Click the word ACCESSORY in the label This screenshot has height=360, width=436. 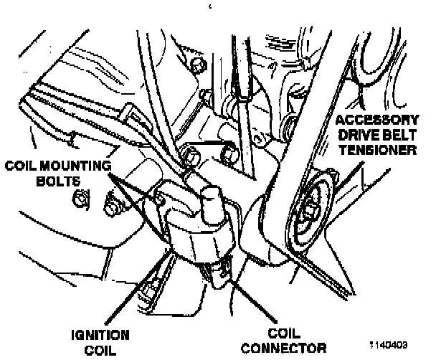click(x=380, y=120)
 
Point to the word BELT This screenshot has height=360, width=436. click(x=402, y=136)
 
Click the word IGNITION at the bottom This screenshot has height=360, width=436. click(x=100, y=335)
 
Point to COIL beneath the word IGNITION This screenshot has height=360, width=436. click(x=100, y=349)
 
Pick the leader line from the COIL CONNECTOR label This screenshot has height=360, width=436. click(x=247, y=301)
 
